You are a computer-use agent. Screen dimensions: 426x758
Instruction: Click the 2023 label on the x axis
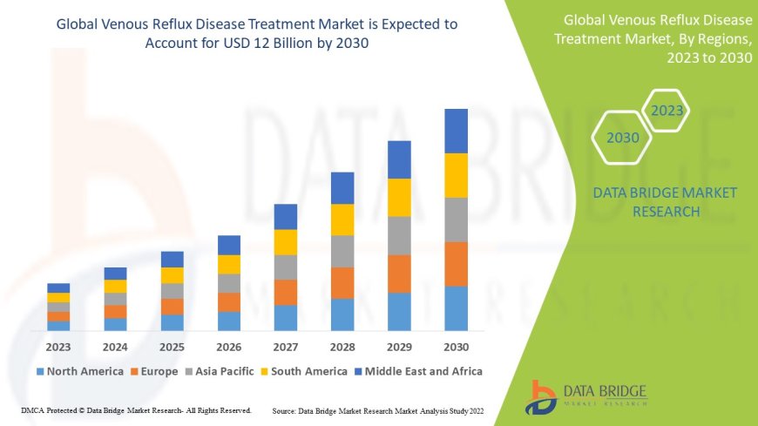(58, 346)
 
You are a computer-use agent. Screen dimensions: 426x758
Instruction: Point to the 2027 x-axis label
(285, 346)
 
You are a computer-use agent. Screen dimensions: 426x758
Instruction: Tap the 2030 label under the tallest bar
(456, 346)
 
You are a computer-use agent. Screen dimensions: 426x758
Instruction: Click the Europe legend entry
(159, 371)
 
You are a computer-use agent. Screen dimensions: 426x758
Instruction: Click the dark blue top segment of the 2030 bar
(456, 131)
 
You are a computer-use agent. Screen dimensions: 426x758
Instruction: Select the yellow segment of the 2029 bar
(399, 197)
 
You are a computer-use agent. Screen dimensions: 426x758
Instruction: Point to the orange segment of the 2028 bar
(342, 282)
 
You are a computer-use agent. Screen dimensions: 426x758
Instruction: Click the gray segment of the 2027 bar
(285, 267)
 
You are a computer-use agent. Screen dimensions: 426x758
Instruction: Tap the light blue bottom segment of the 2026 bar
(228, 321)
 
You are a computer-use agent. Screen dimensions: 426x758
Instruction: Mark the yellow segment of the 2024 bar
(115, 286)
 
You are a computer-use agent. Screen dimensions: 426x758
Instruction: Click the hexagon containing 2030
(623, 138)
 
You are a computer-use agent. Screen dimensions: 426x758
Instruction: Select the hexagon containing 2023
(667, 111)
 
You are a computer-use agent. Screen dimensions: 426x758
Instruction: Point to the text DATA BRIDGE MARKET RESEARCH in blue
(664, 201)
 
